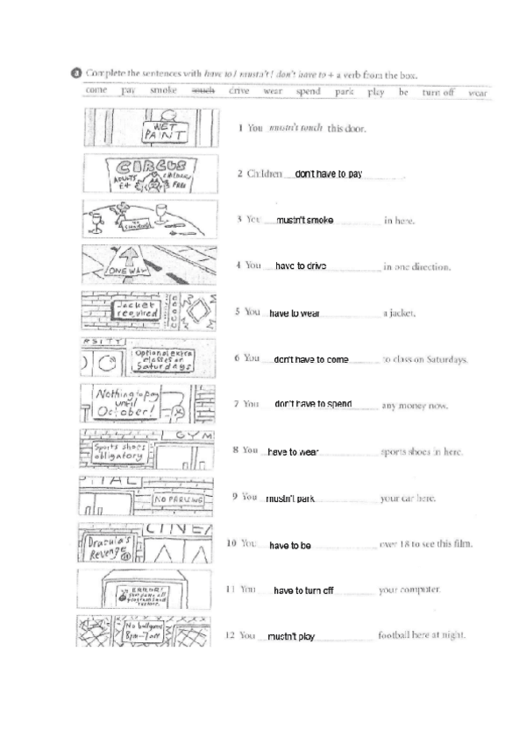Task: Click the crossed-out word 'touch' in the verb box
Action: (x=203, y=91)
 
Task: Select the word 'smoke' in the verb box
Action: (x=164, y=91)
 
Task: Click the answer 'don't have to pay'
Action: (x=329, y=174)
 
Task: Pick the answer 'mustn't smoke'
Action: (x=304, y=220)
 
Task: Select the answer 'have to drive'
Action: (x=301, y=265)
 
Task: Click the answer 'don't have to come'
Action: (x=311, y=359)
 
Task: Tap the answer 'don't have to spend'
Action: (x=313, y=404)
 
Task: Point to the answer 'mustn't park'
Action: (x=290, y=499)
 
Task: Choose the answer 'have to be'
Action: (x=290, y=545)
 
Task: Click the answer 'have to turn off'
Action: (x=303, y=591)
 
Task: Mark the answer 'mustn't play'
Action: (x=291, y=637)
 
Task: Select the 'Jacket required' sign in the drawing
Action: (x=131, y=310)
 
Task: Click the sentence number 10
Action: (x=232, y=544)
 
